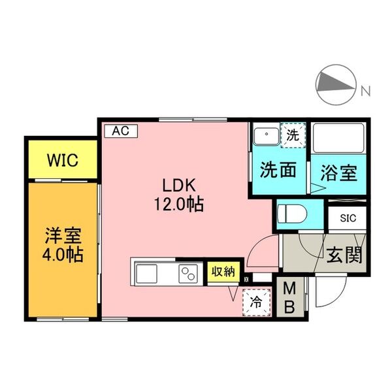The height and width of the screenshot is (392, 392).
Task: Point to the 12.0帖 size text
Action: click(178, 204)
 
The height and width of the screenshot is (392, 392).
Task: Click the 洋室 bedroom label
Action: click(63, 234)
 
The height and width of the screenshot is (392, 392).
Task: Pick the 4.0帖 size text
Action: click(63, 254)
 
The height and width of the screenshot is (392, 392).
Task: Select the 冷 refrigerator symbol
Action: click(256, 302)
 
